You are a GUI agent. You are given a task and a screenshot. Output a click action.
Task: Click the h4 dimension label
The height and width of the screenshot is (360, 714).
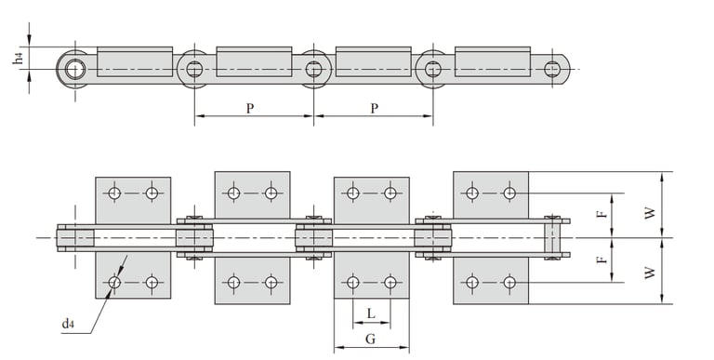click(x=19, y=58)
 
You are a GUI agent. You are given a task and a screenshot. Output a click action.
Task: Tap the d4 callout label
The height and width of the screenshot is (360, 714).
click(x=68, y=324)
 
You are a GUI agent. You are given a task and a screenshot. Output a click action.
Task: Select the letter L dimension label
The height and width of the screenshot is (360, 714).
click(x=371, y=313)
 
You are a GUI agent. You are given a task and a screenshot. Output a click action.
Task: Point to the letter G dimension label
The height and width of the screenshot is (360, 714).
click(x=371, y=339)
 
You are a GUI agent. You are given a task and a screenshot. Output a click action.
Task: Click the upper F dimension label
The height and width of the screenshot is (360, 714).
click(x=602, y=214)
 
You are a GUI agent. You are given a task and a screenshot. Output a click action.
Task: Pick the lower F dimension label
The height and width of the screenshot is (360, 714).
click(x=602, y=260)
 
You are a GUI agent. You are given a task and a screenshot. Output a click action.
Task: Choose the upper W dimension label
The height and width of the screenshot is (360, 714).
click(x=650, y=213)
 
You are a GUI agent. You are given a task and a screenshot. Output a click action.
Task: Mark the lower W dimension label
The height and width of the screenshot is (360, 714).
click(x=650, y=273)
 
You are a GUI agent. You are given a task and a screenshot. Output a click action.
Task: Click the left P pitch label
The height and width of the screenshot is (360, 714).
click(x=249, y=109)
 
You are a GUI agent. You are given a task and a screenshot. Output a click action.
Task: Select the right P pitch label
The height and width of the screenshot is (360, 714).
click(x=374, y=109)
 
